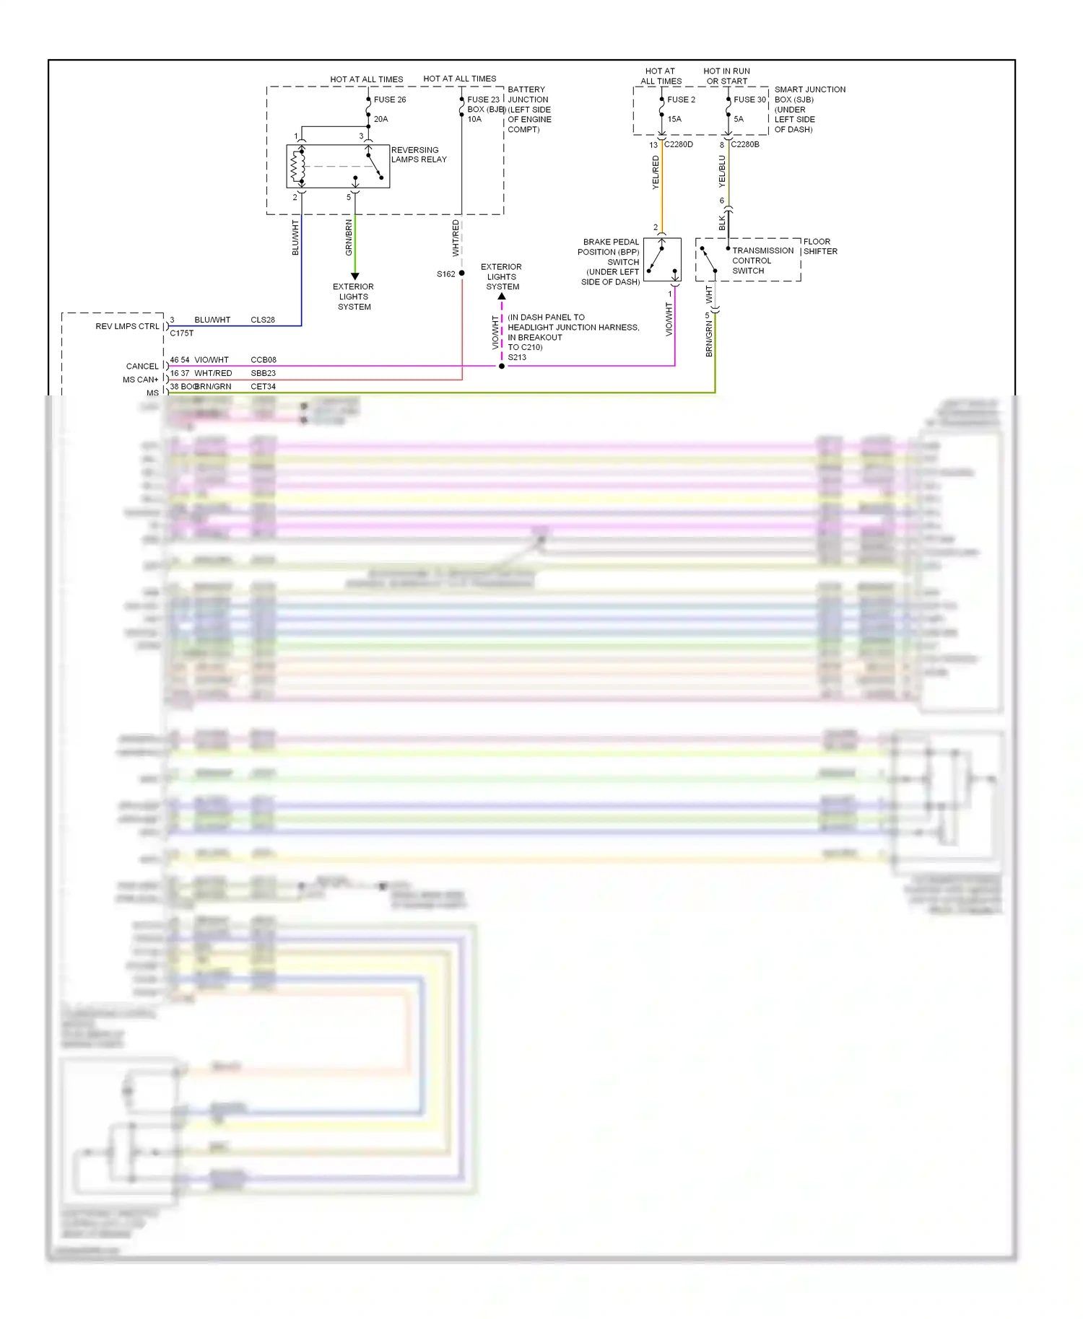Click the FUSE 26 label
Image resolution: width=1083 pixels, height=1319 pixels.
pyautogui.click(x=389, y=100)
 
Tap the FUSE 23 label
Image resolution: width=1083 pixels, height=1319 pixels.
pyautogui.click(x=483, y=100)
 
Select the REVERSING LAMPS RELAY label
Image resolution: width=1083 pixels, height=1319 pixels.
pyautogui.click(x=419, y=154)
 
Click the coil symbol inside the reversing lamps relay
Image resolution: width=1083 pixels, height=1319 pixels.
pyautogui.click(x=295, y=167)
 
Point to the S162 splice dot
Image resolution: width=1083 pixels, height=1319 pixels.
pyautogui.click(x=462, y=273)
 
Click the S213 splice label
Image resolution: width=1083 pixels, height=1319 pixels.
pyautogui.click(x=517, y=357)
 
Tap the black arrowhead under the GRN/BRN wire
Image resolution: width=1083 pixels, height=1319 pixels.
pyautogui.click(x=355, y=276)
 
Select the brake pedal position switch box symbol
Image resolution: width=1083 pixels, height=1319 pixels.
pyautogui.click(x=662, y=260)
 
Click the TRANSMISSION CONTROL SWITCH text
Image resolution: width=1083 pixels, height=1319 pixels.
pyautogui.click(x=762, y=260)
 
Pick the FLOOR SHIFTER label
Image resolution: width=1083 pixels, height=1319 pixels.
pyautogui.click(x=820, y=247)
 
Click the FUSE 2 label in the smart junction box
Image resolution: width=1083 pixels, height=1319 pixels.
pyautogui.click(x=681, y=100)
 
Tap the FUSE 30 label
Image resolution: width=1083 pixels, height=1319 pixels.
pyautogui.click(x=749, y=100)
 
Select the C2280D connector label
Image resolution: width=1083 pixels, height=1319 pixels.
pyautogui.click(x=678, y=144)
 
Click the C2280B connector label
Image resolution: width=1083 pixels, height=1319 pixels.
pyautogui.click(x=744, y=144)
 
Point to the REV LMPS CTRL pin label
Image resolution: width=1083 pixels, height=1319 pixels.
pyautogui.click(x=127, y=326)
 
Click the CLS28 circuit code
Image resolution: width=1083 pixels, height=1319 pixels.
pyautogui.click(x=263, y=320)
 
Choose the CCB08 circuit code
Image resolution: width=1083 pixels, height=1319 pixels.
pyautogui.click(x=264, y=359)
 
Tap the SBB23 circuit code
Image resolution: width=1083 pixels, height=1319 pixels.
pyautogui.click(x=264, y=373)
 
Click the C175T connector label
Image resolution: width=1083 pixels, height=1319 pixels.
pyautogui.click(x=182, y=333)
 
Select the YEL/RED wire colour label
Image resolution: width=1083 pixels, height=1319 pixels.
pyautogui.click(x=656, y=172)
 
